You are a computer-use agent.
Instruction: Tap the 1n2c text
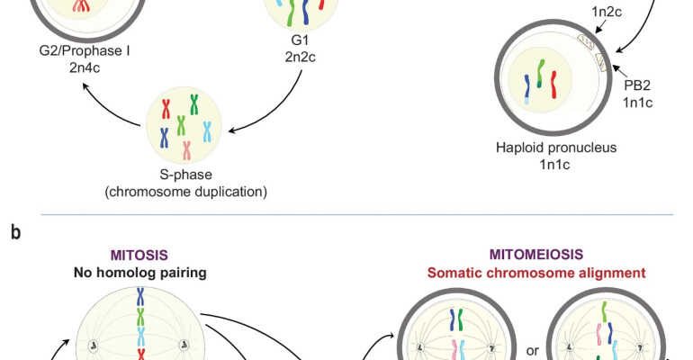[x=609, y=12]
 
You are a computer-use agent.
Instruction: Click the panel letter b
[x=14, y=232]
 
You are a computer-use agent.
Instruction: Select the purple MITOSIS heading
[x=139, y=256]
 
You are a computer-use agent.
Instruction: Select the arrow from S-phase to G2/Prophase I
[x=112, y=101]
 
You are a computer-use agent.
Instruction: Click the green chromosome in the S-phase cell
[x=181, y=124]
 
